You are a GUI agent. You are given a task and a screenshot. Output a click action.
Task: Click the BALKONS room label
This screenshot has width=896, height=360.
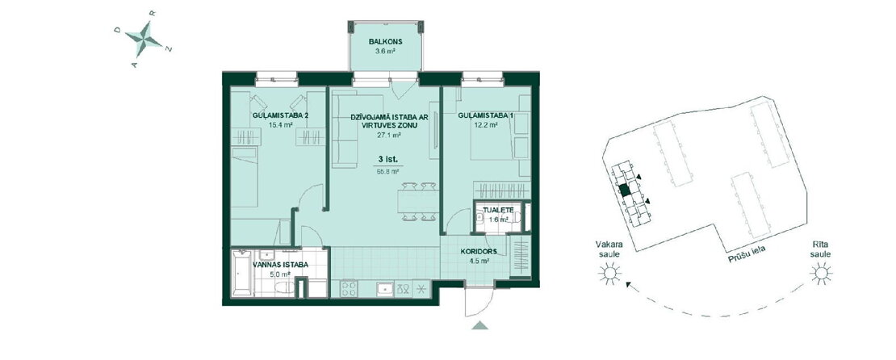386,42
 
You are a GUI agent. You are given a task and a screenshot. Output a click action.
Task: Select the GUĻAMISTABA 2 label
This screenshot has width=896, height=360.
280,115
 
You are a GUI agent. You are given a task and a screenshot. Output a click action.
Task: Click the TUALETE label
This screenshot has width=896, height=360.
498,211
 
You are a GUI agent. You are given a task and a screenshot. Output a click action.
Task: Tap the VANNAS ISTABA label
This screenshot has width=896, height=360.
280,265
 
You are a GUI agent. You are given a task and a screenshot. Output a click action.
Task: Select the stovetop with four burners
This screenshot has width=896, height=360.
349,289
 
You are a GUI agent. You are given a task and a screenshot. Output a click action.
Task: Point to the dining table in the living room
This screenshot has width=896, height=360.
418,202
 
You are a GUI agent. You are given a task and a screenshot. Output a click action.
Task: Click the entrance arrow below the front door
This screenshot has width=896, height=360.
480,325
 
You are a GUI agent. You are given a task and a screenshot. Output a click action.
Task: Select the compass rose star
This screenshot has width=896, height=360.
144,39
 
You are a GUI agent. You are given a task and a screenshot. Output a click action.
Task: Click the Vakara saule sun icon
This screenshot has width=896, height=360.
609,275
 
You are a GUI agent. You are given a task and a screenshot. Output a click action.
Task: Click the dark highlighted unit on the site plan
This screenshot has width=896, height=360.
625,190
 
